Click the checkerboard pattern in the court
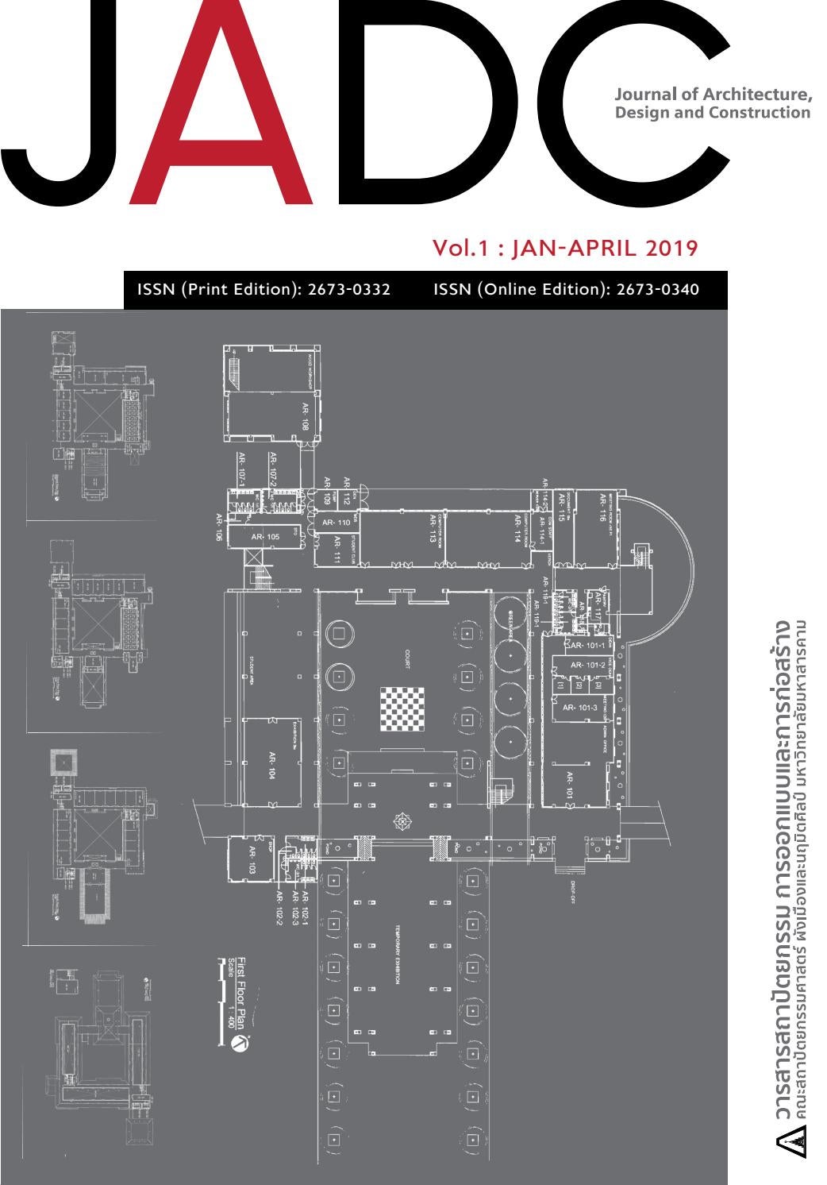point(402,705)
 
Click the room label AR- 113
point(433,528)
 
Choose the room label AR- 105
point(266,537)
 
